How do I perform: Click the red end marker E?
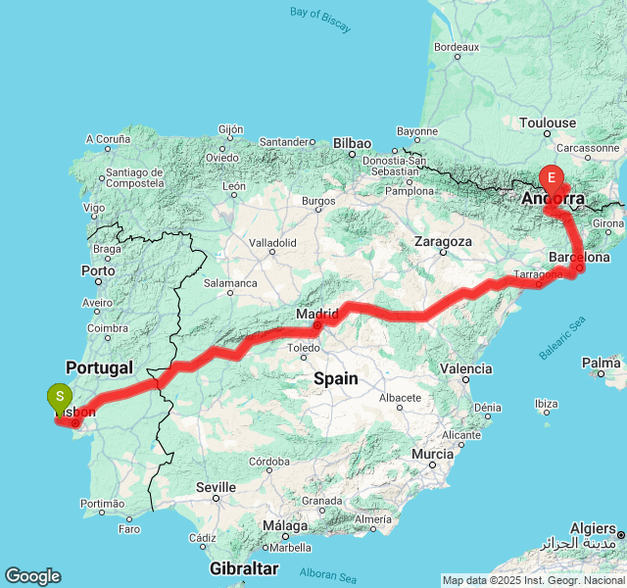click(552, 178)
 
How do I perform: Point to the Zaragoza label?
click(443, 241)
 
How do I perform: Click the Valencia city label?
click(466, 369)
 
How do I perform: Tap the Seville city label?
click(216, 487)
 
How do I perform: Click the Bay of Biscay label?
click(320, 20)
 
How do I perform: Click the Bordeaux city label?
click(456, 46)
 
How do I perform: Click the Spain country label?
click(336, 378)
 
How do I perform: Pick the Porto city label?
click(99, 270)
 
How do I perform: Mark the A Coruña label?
click(108, 140)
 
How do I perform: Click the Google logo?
click(32, 576)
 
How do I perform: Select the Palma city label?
click(601, 363)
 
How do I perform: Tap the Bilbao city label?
click(353, 143)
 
